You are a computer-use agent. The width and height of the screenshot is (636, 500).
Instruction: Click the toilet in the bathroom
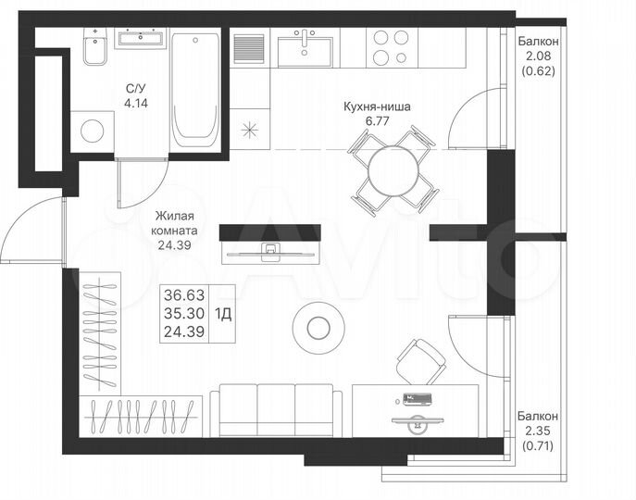94,50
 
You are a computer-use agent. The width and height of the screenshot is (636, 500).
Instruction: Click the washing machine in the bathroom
93,131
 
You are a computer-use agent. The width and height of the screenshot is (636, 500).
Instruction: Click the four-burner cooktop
390,48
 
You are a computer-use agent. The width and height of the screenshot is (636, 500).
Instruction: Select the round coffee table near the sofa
318,326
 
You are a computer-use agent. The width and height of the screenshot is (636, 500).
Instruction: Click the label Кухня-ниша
375,106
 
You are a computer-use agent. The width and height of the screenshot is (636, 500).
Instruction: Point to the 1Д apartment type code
224,312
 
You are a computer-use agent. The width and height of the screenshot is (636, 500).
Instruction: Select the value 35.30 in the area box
183,312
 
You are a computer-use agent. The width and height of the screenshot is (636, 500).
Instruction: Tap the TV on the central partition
269,248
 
